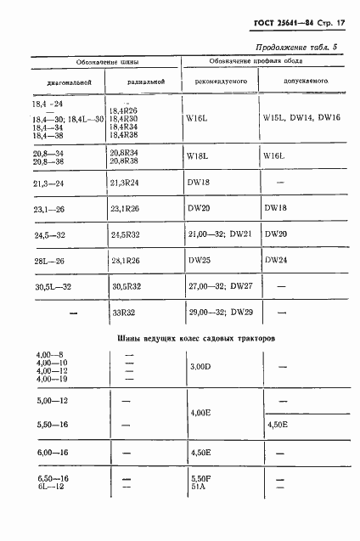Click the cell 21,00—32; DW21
click(x=219, y=233)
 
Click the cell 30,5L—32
click(x=54, y=286)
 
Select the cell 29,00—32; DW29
click(x=219, y=313)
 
